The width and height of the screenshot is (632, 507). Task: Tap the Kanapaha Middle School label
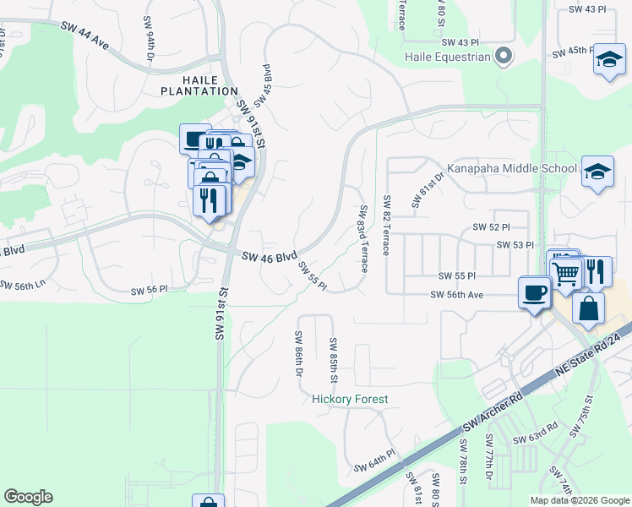[x=512, y=168]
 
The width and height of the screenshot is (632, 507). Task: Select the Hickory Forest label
[x=350, y=399]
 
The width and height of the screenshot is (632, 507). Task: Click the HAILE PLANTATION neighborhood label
[x=199, y=84]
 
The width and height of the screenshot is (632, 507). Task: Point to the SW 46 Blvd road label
[x=270, y=255]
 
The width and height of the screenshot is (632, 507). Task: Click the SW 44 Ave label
[x=85, y=33]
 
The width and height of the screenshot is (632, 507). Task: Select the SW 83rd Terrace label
[x=363, y=238]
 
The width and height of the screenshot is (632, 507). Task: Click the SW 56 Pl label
[x=150, y=290]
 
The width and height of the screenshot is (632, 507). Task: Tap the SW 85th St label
[x=333, y=357]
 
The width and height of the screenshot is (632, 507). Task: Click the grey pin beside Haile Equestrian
[x=504, y=57]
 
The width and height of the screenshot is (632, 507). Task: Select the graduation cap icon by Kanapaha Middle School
[x=597, y=171]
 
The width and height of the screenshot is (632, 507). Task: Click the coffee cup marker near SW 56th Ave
[x=534, y=292]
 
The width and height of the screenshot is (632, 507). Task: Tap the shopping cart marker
[x=566, y=272]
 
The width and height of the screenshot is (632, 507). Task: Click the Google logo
[x=28, y=497]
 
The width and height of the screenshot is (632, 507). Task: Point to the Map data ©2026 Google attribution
[x=580, y=500]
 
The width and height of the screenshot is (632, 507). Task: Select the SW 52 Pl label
[x=492, y=227]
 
